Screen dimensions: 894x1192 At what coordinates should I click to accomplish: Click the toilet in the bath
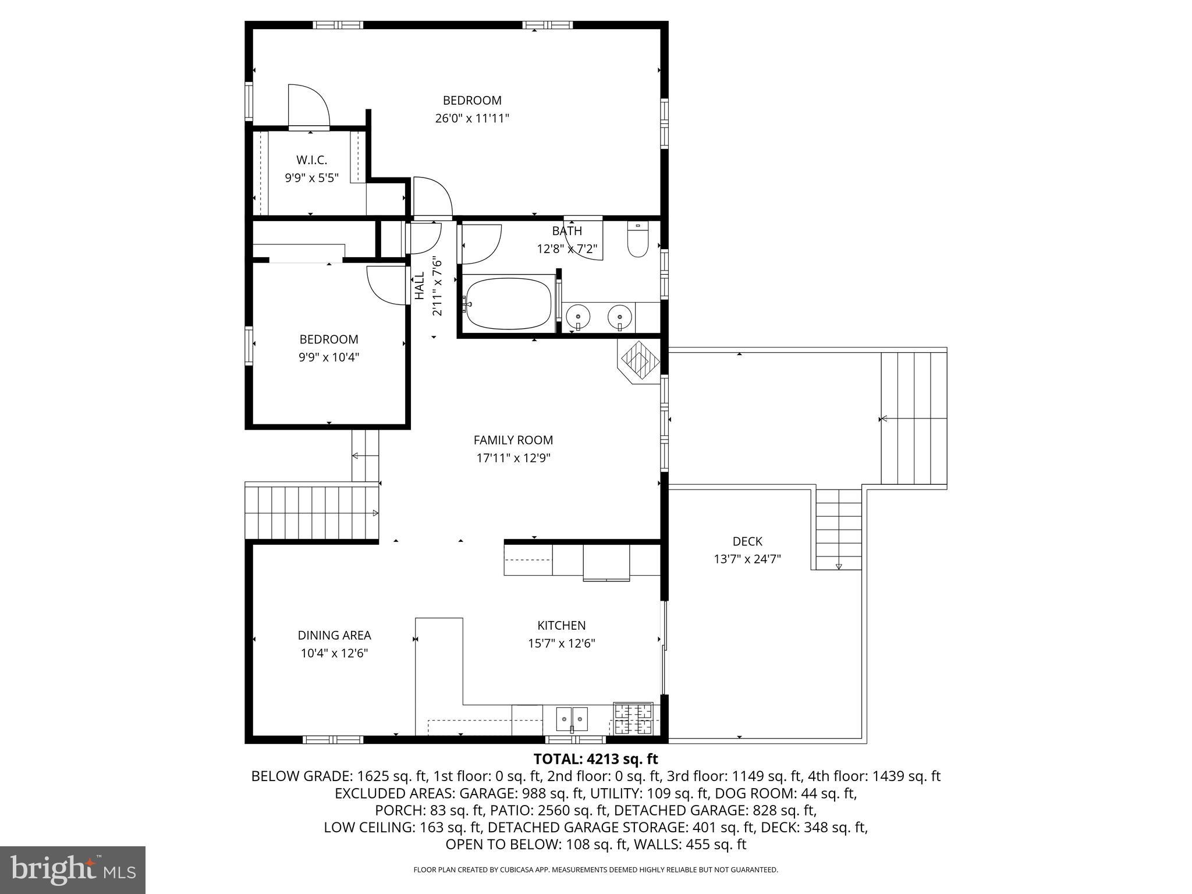638,241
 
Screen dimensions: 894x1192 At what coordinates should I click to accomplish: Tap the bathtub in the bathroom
508,303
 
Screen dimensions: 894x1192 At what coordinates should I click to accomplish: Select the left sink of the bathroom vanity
578,317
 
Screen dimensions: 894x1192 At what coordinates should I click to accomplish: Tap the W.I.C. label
311,159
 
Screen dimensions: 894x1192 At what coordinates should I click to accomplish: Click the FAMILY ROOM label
513,440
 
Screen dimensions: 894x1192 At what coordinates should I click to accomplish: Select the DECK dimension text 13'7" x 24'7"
747,559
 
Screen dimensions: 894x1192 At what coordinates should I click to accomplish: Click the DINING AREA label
334,636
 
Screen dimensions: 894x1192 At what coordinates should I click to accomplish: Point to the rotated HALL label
420,286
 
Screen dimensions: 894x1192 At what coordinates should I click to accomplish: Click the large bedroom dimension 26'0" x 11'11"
472,118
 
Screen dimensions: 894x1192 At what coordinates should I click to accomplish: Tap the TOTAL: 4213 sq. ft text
595,759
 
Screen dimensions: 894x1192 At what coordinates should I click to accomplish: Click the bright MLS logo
73,870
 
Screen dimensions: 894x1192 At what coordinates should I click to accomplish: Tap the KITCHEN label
561,625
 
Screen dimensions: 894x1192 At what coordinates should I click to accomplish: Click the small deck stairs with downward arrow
838,529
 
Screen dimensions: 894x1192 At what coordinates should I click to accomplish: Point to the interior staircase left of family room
312,513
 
